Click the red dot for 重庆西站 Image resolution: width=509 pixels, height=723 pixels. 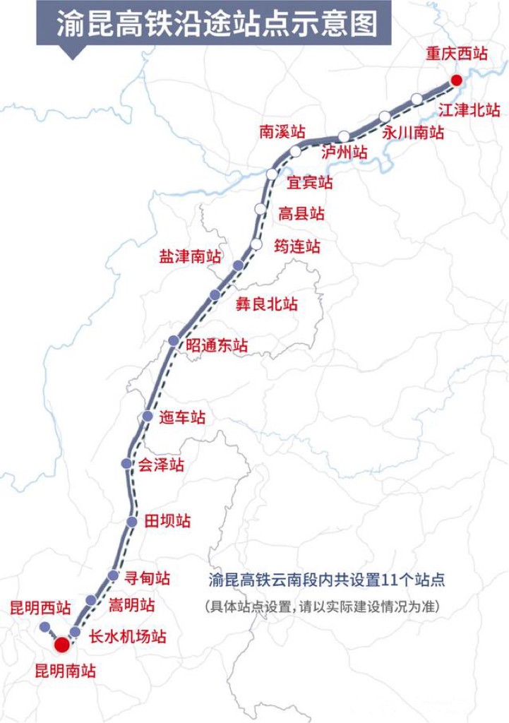456,80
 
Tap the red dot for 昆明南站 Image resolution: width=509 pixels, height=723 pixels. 62,644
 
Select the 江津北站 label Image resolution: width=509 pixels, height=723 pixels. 469,110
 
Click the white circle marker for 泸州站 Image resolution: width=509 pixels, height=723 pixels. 344,136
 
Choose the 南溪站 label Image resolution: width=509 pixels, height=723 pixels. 282,131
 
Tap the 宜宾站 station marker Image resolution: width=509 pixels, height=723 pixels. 273,174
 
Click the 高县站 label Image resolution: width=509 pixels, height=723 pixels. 301,213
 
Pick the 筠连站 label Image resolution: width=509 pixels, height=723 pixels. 297,246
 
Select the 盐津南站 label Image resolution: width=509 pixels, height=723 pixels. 190,256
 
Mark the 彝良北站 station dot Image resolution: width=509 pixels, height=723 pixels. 215,294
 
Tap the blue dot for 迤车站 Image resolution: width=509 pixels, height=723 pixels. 148,417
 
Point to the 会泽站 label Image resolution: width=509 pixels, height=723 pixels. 161,465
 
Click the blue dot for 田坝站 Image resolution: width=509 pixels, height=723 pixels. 132,521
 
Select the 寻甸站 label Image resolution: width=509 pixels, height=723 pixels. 147,578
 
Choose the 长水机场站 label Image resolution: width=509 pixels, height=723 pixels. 128,635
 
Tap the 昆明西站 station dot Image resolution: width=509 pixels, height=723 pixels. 44,627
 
